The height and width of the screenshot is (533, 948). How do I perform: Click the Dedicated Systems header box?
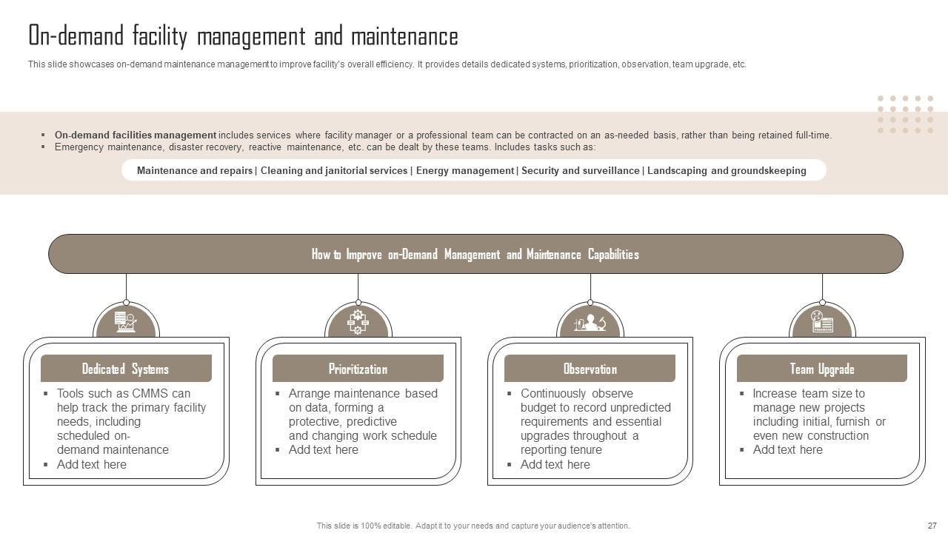(126, 369)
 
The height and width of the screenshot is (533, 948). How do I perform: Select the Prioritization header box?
(358, 369)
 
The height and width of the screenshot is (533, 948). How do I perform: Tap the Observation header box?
(590, 369)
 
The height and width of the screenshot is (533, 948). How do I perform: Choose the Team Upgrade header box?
(821, 369)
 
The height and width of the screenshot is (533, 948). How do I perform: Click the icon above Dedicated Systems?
(126, 322)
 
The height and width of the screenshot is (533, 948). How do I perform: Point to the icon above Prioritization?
(358, 322)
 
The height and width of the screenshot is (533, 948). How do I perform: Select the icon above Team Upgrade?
(822, 322)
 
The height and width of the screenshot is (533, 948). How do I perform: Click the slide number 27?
(932, 526)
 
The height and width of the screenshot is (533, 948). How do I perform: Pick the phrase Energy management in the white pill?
(464, 170)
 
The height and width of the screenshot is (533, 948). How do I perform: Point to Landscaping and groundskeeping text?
(727, 170)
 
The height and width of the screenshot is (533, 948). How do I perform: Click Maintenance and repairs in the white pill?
(195, 170)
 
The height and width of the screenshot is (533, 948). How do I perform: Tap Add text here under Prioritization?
(324, 449)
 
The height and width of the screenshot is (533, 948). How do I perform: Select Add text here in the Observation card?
(555, 464)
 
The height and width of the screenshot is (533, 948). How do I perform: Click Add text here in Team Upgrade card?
(787, 449)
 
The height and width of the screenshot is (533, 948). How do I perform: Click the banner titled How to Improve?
(475, 254)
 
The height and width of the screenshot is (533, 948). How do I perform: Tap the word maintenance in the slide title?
(404, 36)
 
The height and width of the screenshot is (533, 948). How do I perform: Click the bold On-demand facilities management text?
(136, 135)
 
